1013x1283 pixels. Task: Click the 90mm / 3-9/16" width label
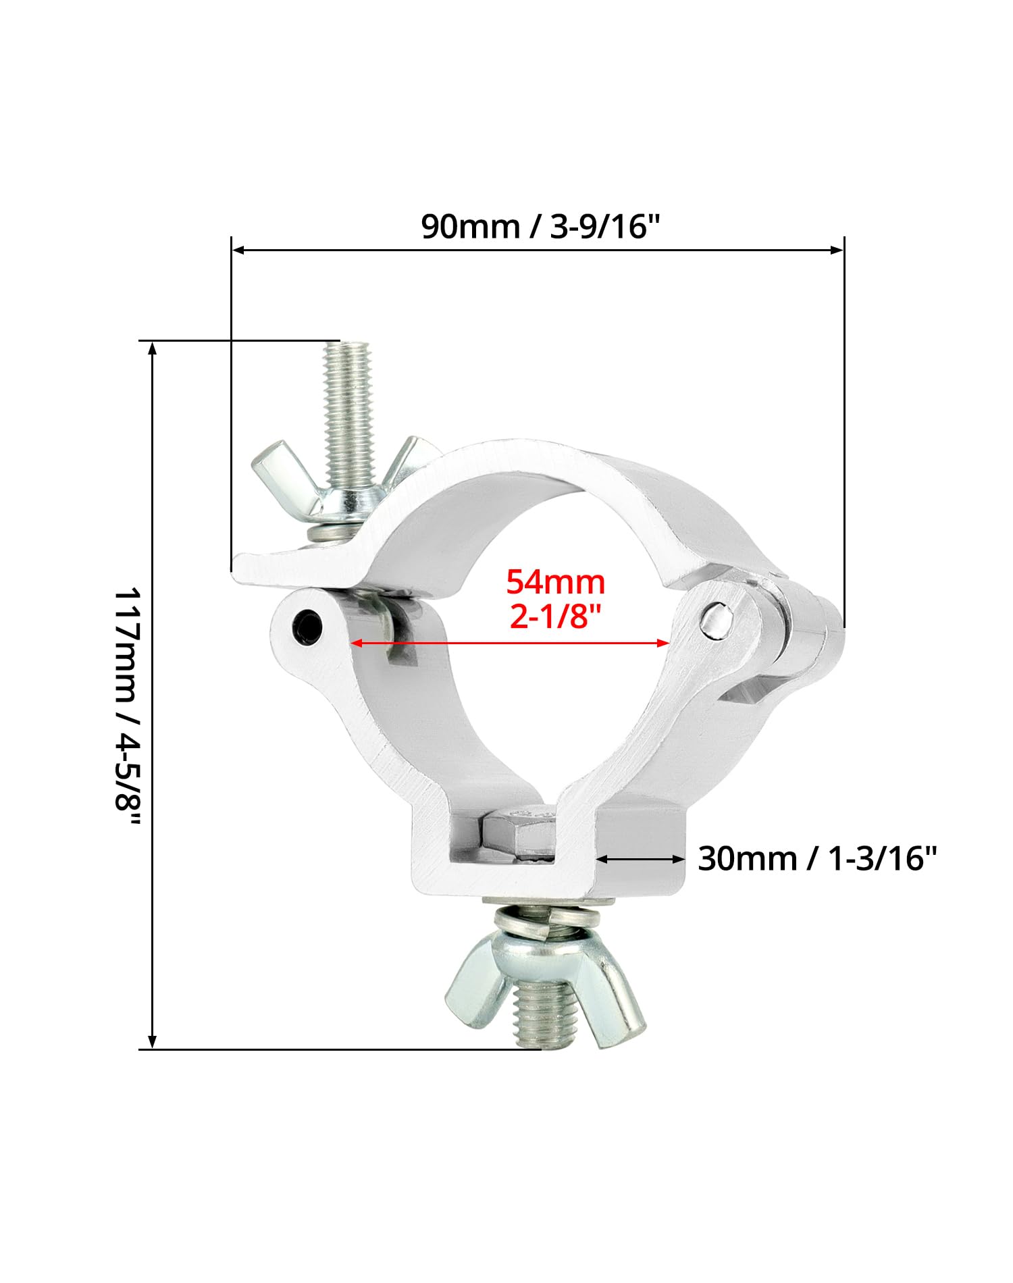(x=540, y=226)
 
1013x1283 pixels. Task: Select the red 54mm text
(x=556, y=582)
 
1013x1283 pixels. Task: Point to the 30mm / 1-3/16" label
(x=817, y=859)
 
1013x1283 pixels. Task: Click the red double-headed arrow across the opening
(x=511, y=644)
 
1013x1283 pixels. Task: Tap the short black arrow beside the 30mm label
(x=642, y=859)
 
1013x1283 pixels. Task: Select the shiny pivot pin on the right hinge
(x=715, y=619)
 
